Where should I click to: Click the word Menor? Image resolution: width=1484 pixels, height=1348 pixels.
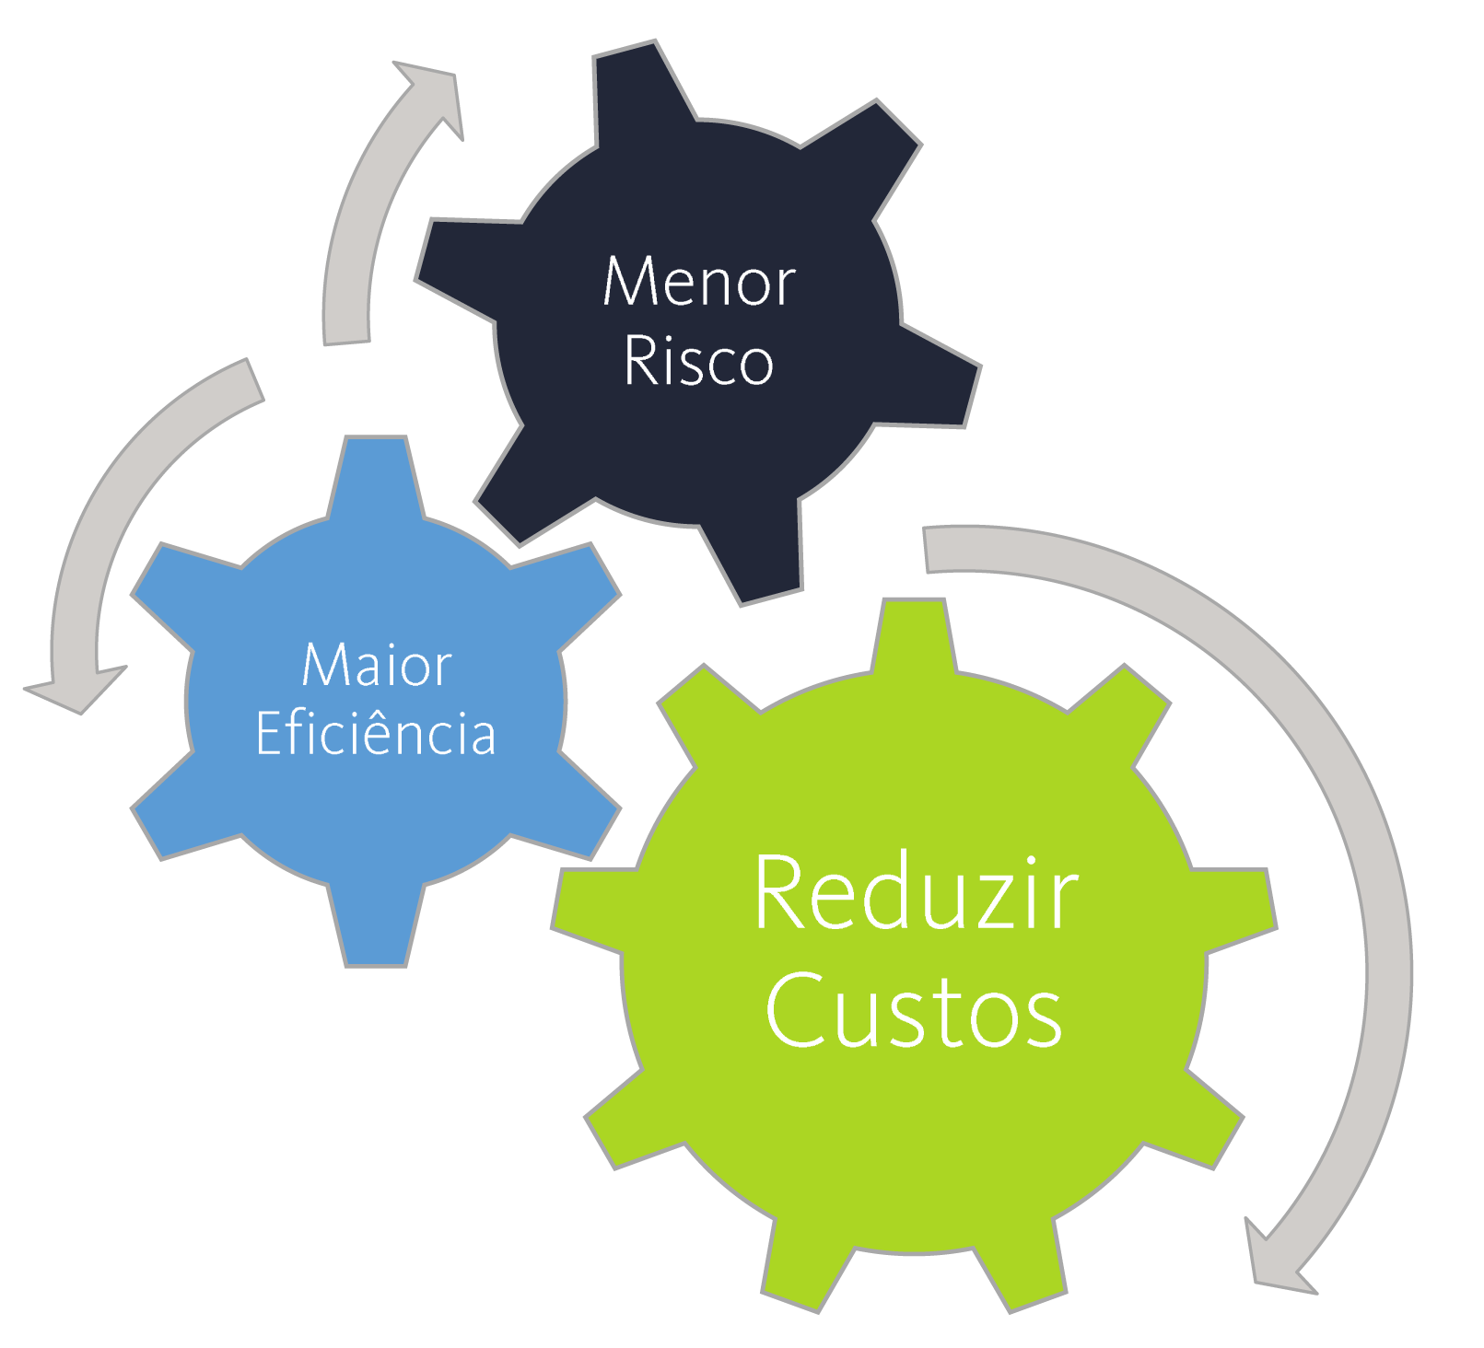pyautogui.click(x=699, y=282)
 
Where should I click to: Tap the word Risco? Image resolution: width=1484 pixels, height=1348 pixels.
pyautogui.click(x=698, y=361)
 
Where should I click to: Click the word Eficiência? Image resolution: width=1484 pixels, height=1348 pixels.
pyautogui.click(x=376, y=734)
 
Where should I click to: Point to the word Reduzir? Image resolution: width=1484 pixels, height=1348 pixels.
pyautogui.click(x=916, y=893)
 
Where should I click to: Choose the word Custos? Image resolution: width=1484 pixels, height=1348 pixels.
pyautogui.click(x=914, y=1010)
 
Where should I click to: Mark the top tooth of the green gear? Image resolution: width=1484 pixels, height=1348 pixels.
pyautogui.click(x=913, y=635)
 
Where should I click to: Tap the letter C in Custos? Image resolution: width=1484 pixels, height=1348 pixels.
pyautogui.click(x=792, y=1010)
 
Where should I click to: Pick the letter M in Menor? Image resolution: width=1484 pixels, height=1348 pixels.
pyautogui.click(x=627, y=282)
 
